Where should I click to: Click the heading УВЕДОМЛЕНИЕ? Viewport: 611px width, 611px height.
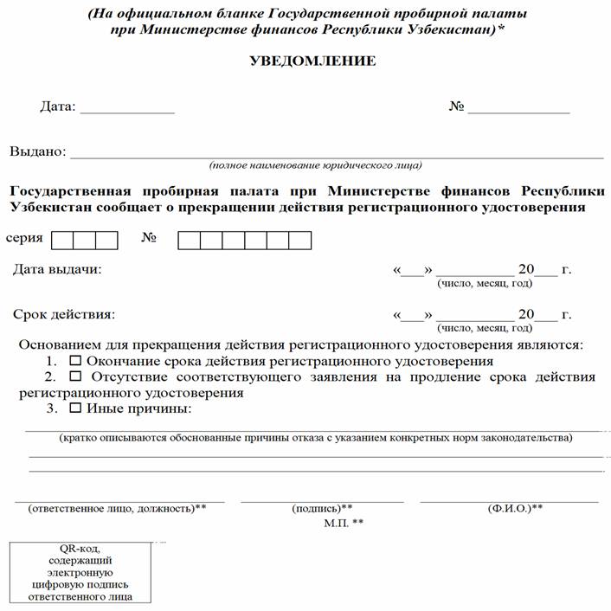(312, 61)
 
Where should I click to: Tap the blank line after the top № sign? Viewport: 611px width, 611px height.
(518, 112)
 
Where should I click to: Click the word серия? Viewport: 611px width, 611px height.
(24, 237)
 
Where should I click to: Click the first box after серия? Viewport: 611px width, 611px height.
(62, 240)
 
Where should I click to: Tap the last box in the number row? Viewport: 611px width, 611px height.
(299, 240)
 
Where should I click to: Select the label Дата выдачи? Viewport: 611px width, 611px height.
(57, 269)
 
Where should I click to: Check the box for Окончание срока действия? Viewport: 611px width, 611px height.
(75, 361)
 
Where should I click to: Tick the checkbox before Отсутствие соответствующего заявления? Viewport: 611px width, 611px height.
(75, 377)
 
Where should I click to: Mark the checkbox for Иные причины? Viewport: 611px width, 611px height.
(75, 408)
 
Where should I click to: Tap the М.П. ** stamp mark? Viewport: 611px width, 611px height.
(344, 523)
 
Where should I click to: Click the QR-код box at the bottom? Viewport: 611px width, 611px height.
(81, 572)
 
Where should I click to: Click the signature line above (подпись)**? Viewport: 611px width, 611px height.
(322, 499)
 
